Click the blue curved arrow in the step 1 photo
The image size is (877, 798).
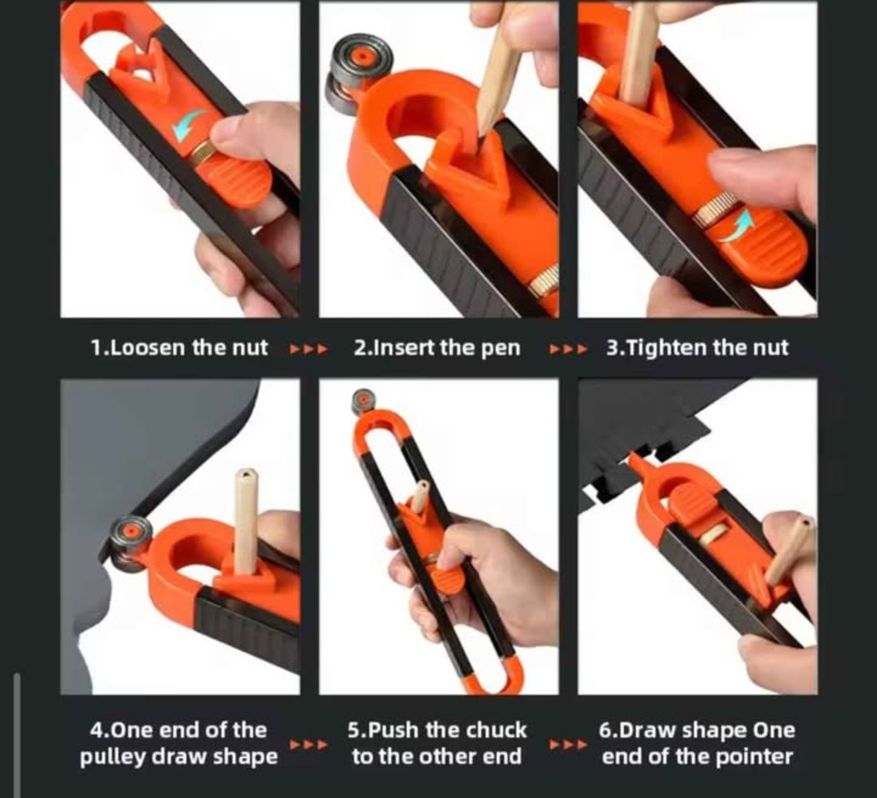[189, 124]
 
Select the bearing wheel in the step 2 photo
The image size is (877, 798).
[359, 74]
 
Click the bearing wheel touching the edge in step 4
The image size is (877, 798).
[130, 544]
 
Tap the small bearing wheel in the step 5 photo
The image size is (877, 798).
[364, 401]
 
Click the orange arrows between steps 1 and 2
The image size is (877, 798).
[309, 350]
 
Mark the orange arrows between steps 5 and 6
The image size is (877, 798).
[568, 744]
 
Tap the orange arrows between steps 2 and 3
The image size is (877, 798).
[568, 350]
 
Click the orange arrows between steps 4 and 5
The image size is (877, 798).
[309, 744]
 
